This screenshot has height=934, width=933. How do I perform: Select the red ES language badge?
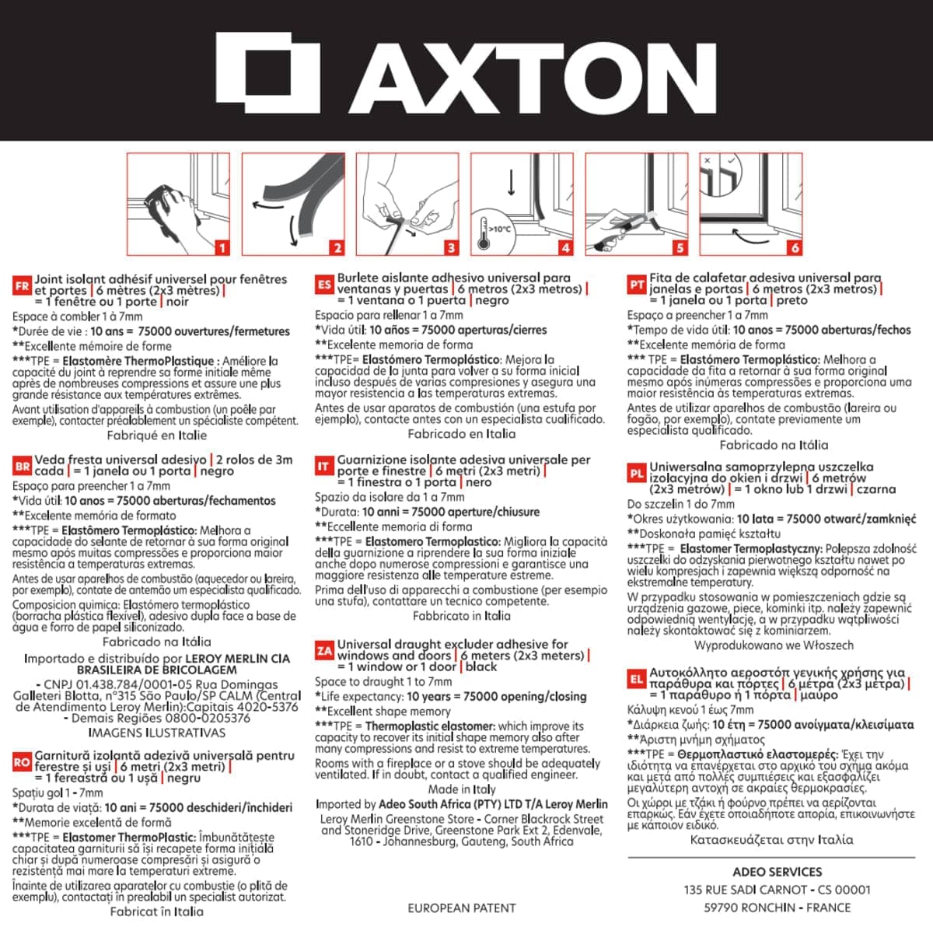(324, 285)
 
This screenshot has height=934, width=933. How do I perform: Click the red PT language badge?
(637, 285)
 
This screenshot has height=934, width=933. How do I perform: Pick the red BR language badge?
(22, 467)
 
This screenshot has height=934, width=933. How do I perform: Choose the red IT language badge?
(323, 467)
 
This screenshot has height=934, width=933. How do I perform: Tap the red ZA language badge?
(324, 651)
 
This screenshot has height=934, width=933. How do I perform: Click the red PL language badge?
(637, 474)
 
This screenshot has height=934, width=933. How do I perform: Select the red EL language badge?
(637, 680)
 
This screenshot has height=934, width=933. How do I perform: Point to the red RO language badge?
(22, 763)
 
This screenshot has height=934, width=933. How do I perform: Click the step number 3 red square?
(451, 248)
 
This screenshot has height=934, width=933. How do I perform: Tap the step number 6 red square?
(795, 248)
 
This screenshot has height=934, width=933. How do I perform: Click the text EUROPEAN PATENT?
(462, 908)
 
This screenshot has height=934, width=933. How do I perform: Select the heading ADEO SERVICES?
(777, 872)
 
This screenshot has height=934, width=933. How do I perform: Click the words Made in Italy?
(462, 789)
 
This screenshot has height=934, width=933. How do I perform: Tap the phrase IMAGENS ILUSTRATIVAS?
(157, 733)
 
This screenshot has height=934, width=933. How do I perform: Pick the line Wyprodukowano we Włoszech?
(774, 645)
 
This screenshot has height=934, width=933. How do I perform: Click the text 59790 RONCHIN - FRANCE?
(777, 908)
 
